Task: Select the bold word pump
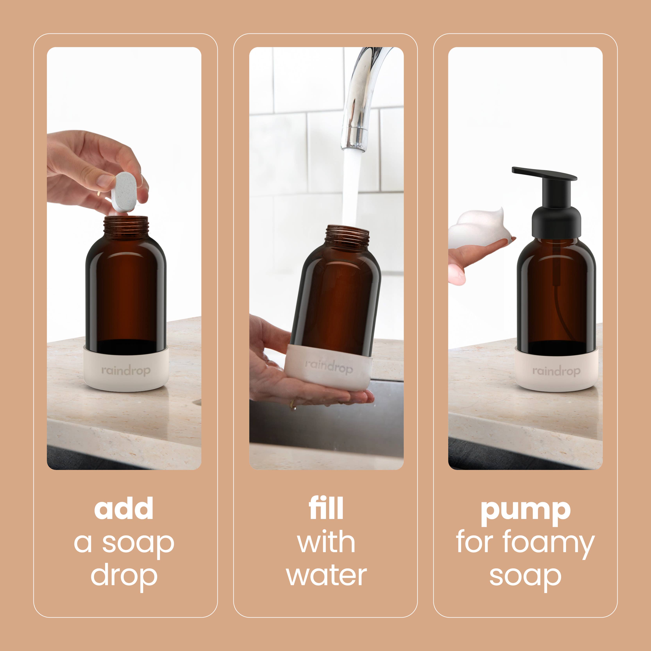[x=525, y=512]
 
